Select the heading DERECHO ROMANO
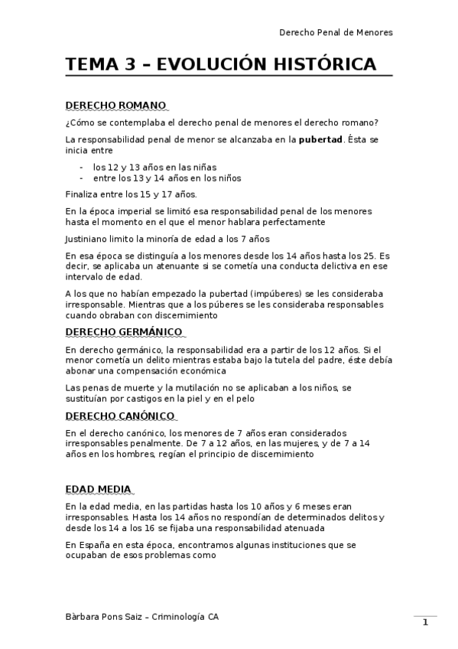115,105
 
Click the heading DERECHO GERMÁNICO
124,331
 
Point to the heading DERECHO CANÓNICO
120,416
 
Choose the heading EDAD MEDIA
98,489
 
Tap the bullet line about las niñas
154,166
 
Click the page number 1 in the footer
425,622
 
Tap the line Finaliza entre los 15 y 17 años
131,194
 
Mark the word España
92,545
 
